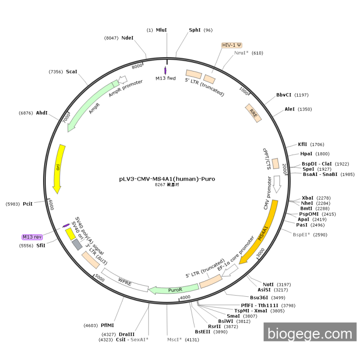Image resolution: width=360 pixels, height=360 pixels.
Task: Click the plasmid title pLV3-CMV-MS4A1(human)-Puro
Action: point(167,179)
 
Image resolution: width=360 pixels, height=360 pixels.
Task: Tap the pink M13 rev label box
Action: point(32,237)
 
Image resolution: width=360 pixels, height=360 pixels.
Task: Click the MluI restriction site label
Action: point(161,30)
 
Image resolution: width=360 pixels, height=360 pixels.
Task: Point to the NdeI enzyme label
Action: point(127,38)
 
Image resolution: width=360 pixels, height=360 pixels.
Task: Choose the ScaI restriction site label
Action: point(71,71)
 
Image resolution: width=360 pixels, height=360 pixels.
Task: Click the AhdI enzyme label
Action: point(42,113)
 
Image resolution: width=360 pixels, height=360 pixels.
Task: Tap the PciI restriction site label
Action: point(28,204)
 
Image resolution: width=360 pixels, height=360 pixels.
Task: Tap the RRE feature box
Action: point(253,113)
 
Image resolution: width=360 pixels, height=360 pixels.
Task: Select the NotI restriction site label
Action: point(268,284)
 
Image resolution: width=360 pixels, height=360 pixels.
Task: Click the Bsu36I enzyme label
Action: point(260,297)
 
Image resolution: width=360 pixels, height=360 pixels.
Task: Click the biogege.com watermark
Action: point(310,334)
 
